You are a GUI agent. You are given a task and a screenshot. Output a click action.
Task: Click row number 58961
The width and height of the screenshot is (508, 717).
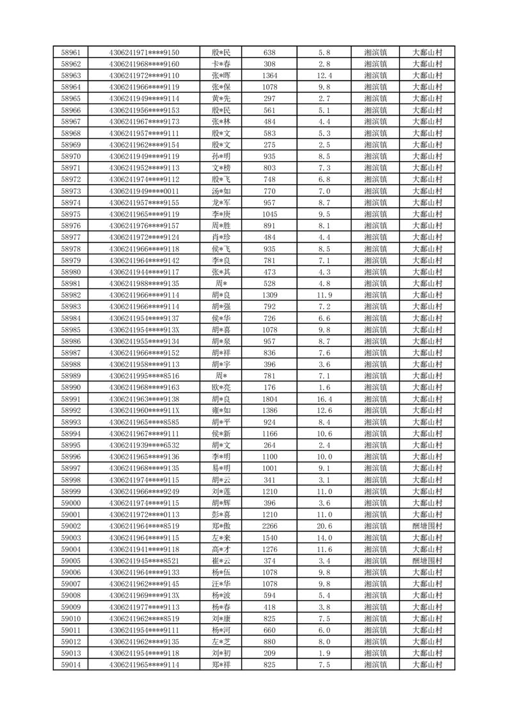tap(70, 52)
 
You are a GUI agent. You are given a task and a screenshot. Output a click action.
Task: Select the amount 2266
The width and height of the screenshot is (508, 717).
tap(269, 526)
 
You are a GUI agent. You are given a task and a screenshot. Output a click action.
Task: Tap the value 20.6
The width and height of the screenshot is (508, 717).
tap(324, 526)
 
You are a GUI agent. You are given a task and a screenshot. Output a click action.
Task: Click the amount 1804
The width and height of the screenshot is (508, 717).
tap(269, 399)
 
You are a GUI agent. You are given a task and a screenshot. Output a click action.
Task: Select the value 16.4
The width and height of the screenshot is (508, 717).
tap(324, 399)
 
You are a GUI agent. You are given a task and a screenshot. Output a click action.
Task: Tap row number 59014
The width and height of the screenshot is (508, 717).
tap(70, 665)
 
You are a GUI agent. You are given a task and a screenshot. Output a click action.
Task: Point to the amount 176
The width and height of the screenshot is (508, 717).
tap(269, 387)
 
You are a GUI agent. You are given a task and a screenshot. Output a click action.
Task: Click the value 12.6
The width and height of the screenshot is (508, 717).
tap(324, 410)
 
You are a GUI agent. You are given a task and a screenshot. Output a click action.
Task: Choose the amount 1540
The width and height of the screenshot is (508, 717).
tap(269, 537)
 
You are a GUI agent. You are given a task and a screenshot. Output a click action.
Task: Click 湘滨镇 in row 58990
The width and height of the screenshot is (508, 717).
tap(375, 387)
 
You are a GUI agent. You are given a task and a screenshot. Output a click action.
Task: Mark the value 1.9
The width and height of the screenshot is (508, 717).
tap(324, 653)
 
